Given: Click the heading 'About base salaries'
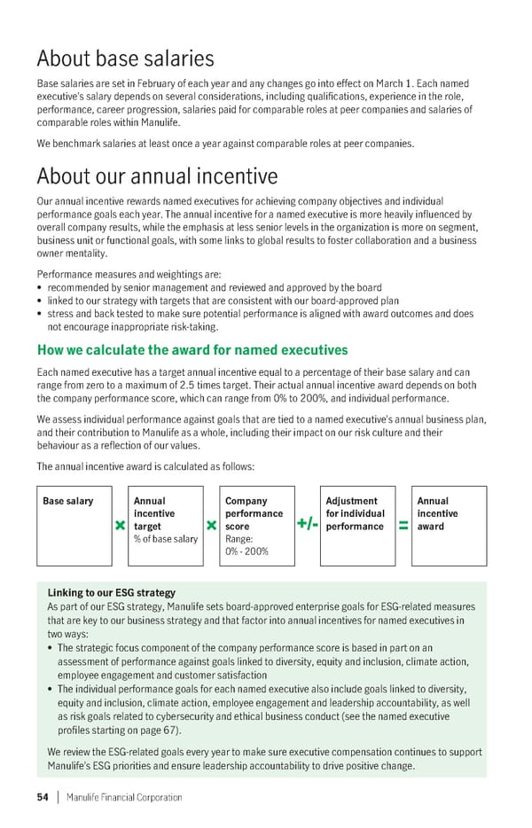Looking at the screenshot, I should [x=125, y=59].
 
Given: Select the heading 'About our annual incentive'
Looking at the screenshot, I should [x=157, y=176].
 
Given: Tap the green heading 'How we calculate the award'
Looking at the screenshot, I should [x=192, y=350].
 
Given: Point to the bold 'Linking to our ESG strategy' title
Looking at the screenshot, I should [x=111, y=592].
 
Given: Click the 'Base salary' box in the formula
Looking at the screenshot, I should [x=68, y=501].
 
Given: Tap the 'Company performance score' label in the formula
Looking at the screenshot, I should [x=254, y=513].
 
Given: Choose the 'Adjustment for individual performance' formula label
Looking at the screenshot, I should [x=355, y=513].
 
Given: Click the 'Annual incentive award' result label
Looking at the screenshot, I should [x=435, y=513].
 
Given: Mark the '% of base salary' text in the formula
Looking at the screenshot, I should [x=165, y=539].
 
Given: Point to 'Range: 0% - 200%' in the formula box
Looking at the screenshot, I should [x=246, y=545].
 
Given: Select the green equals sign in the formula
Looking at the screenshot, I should [x=403, y=527].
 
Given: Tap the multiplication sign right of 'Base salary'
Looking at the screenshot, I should [x=119, y=527].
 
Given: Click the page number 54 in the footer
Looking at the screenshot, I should [x=42, y=797].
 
